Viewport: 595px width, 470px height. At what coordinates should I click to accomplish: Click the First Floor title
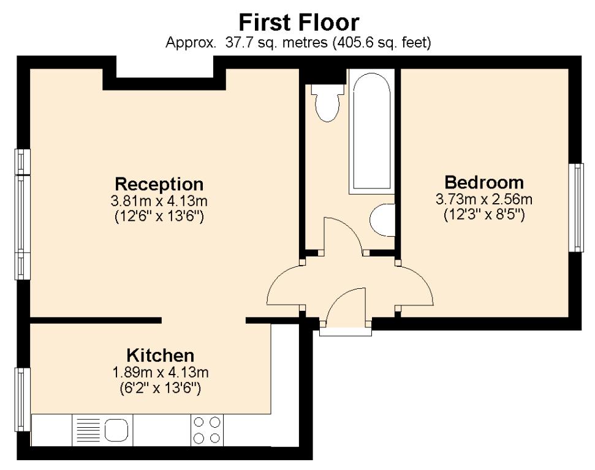pos(298,23)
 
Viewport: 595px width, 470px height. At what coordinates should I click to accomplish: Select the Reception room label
pos(159,184)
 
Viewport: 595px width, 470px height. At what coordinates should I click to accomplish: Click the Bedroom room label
pos(484,182)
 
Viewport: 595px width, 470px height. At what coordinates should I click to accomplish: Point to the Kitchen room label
pos(160,355)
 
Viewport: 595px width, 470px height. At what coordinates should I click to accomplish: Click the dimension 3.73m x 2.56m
pos(484,199)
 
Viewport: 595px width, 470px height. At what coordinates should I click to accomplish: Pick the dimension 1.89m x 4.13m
pos(160,372)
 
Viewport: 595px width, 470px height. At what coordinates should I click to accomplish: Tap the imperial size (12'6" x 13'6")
pos(159,215)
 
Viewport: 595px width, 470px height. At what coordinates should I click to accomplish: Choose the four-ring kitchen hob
pos(207,430)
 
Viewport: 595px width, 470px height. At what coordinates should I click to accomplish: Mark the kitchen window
pos(23,398)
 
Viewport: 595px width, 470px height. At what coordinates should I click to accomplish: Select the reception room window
pos(23,214)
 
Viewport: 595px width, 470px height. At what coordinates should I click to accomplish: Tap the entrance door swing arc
pos(346,304)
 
